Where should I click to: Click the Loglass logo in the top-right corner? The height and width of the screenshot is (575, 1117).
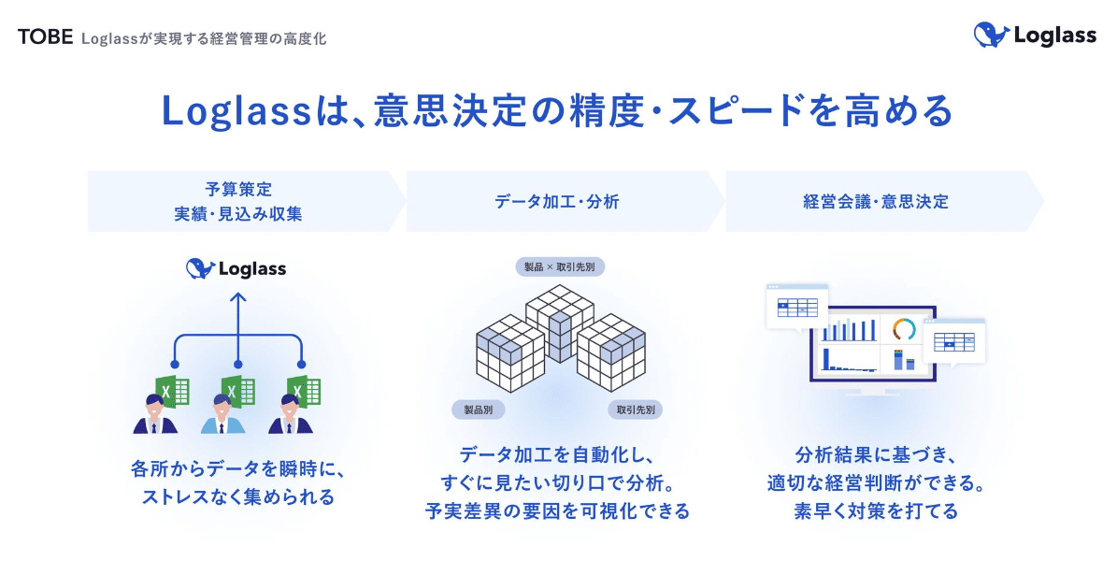coord(1035,36)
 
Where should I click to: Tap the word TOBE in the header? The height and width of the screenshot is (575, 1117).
coord(45,37)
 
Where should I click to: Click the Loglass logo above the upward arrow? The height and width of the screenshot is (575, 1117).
coord(236,269)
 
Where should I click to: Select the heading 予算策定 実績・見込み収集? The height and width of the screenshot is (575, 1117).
coord(238,201)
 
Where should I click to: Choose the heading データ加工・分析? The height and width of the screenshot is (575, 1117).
coord(557,201)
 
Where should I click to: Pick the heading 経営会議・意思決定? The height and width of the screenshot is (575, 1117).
coord(875,201)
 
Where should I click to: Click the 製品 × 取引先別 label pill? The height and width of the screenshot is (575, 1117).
coord(559,267)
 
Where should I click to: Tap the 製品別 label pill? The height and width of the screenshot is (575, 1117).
coord(479,410)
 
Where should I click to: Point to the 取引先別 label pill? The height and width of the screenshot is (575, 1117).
coord(636,410)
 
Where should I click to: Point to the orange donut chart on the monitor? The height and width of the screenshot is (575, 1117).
coord(904,329)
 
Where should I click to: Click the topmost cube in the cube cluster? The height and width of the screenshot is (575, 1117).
coord(559,309)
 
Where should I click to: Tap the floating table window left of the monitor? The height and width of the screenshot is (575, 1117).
coord(796,306)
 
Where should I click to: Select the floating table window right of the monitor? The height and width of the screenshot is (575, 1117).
coord(953,340)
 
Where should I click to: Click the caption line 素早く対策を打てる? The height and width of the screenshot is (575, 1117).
coord(875,511)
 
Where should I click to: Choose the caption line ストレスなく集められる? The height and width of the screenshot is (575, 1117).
coord(238,496)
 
